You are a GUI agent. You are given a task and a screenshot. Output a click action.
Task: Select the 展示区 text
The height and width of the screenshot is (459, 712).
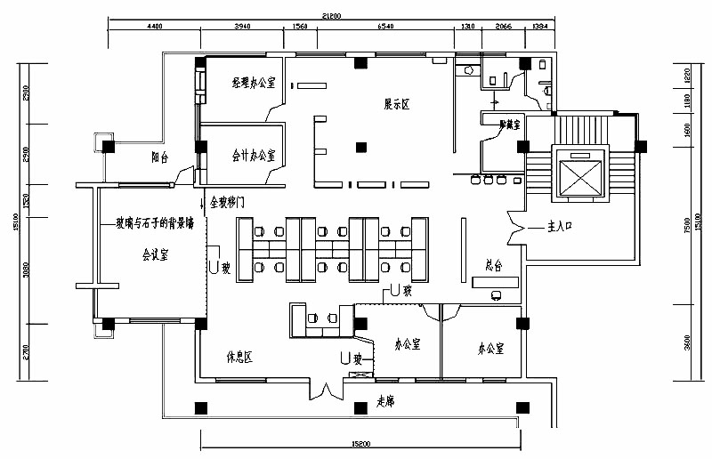click(x=396, y=105)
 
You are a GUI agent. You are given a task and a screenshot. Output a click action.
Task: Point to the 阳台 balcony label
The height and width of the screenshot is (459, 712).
click(x=161, y=157)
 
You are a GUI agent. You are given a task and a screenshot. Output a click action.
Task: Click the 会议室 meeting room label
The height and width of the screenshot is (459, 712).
click(x=157, y=254)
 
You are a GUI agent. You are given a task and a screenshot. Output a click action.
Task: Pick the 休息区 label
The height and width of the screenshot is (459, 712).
click(x=239, y=358)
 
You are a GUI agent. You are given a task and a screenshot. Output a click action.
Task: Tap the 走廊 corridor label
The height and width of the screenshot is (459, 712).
click(x=384, y=402)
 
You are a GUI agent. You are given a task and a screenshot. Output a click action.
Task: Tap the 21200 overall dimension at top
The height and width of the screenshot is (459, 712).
click(x=331, y=15)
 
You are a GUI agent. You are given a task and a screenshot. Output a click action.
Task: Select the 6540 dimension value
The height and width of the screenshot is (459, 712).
click(x=385, y=27)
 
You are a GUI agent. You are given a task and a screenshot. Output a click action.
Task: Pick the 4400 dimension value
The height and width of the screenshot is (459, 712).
click(x=154, y=27)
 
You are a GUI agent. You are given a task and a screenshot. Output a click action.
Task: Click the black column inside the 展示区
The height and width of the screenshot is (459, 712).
click(x=360, y=147)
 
